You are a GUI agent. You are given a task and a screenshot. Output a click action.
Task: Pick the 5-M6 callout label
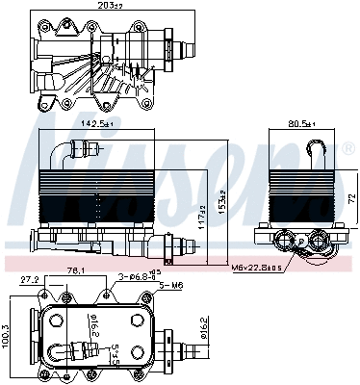(171, 286)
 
